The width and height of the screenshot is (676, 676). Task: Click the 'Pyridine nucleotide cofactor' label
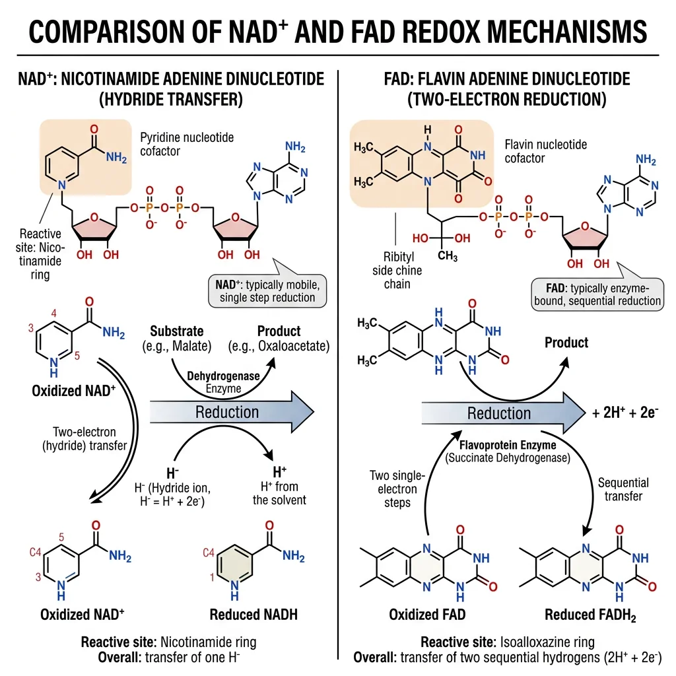(x=187, y=144)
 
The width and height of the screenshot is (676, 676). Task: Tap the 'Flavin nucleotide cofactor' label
(x=545, y=151)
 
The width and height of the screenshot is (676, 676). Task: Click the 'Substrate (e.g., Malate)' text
(x=176, y=338)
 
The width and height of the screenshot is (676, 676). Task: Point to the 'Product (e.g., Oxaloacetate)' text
(x=279, y=338)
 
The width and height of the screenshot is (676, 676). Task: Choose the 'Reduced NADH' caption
(x=253, y=615)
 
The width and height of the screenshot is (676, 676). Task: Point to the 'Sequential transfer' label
(x=623, y=489)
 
